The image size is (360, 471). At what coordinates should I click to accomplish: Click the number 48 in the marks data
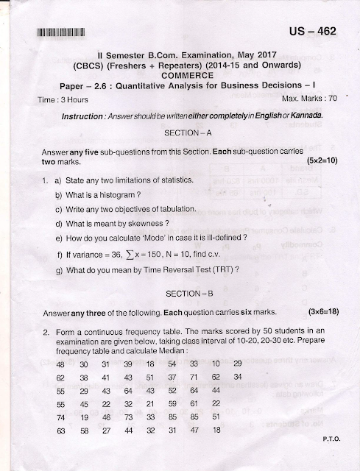point(60,364)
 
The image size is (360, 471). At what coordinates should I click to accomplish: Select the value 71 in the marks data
point(194,377)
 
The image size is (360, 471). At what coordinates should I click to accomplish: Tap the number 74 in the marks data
point(60,417)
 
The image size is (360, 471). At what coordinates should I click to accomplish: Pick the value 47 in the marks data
point(194,430)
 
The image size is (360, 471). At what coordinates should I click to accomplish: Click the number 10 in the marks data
point(215,364)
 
